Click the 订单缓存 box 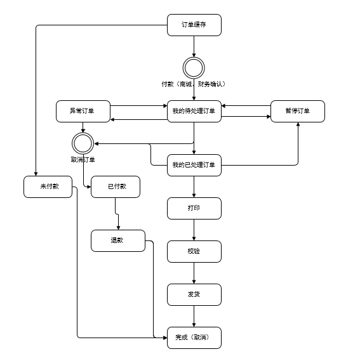point(194,25)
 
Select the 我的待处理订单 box point(194,111)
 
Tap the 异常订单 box point(83,111)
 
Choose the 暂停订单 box point(298,111)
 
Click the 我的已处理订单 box point(194,165)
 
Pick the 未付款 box point(48,187)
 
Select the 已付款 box point(116,187)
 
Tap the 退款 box point(118,240)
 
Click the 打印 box point(194,208)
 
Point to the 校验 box point(194,251)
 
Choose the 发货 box point(194,294)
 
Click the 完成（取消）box point(194,338)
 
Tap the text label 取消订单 point(83,159)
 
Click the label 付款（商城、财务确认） point(193,84)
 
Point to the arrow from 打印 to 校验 point(194,230)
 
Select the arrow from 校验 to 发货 point(194,273)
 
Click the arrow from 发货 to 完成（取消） point(194,316)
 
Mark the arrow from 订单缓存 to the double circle point(194,46)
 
